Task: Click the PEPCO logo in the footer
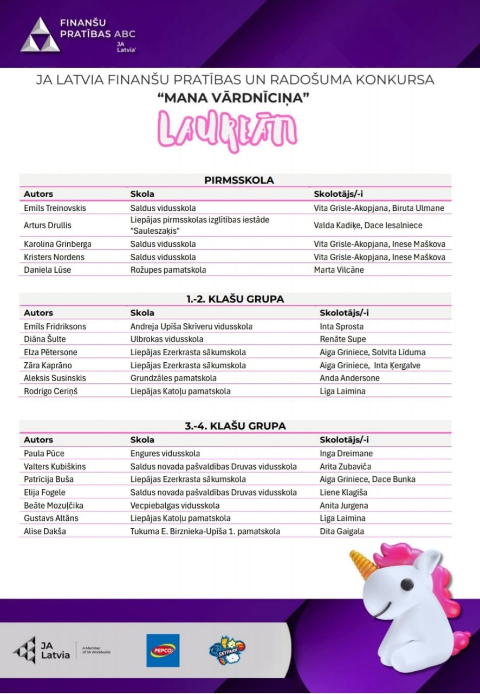pos(163,650)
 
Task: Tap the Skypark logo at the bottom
pos(226,650)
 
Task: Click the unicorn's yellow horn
pos(364,563)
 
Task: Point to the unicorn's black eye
pos(406,586)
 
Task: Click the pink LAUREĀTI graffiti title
pos(228,131)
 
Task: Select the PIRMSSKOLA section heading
pos(239,180)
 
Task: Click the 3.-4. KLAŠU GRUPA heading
pos(235,426)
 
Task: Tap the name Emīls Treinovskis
pos(55,208)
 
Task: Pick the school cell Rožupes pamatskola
pos(168,269)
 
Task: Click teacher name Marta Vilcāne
pos(339,269)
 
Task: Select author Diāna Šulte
pos(44,339)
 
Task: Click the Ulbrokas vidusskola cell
pos(167,339)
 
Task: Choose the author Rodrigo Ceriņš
pos(51,391)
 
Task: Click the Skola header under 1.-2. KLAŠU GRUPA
pos(142,313)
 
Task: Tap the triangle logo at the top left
pos(40,35)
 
